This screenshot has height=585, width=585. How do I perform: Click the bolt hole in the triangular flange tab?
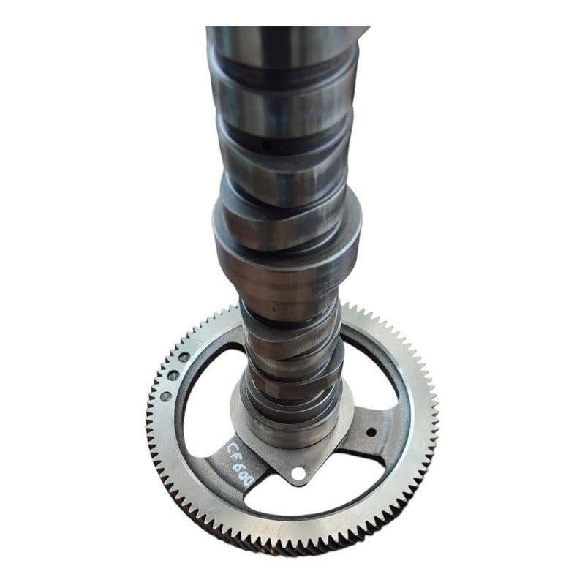pos(297,474)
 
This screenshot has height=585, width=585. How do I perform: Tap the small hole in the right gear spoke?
pos(371,431)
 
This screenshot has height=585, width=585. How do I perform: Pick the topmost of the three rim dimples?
pos(185,356)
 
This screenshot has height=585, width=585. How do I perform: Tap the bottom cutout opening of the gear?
pos(322,505)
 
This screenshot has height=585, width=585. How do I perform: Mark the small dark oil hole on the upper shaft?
pos(266,146)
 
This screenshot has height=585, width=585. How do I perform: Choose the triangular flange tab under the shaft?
pos(300,468)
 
